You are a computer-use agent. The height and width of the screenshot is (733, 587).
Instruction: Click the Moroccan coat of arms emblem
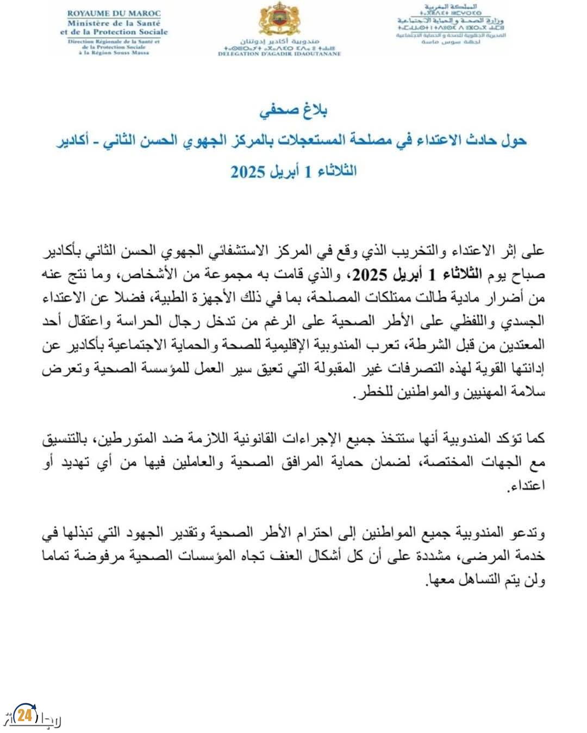(279, 20)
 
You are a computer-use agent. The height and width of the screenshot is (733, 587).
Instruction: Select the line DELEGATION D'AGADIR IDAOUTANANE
(279, 54)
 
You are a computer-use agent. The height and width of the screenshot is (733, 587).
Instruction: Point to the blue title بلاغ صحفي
(293, 111)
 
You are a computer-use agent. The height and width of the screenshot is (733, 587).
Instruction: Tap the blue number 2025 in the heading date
(248, 172)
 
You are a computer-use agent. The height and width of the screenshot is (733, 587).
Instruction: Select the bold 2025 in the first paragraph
(372, 275)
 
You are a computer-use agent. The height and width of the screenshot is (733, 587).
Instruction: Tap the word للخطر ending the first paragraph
(365, 391)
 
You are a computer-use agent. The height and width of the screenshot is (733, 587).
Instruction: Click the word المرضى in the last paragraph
(482, 556)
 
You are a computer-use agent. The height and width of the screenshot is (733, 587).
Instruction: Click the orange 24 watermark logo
(24, 715)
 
